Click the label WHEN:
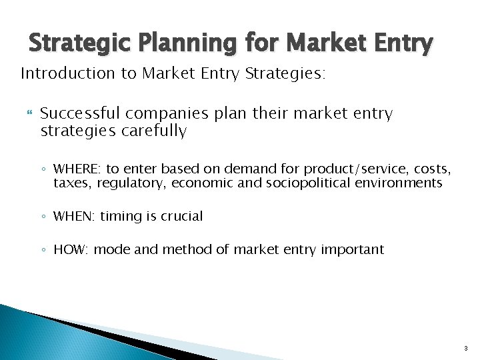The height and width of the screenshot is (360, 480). [75, 216]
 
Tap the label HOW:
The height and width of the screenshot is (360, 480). [71, 249]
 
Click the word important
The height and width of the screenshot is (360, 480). [352, 249]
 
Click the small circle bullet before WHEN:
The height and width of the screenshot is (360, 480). [43, 217]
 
